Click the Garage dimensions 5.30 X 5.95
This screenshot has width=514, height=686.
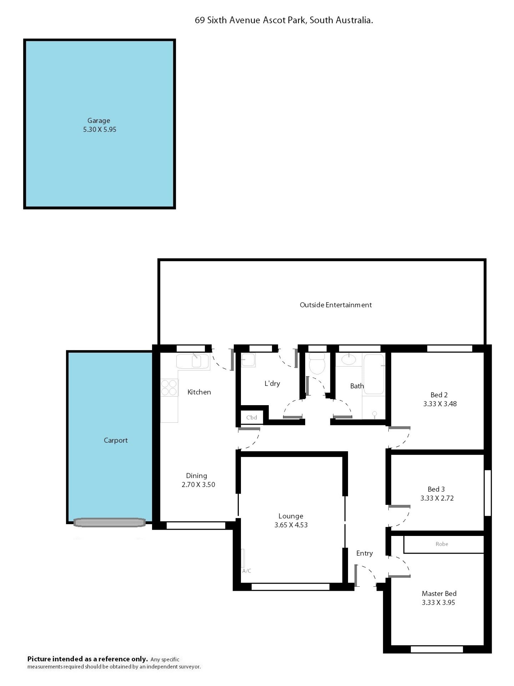100,130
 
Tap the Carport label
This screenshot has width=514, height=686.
116,440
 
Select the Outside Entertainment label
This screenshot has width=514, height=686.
335,305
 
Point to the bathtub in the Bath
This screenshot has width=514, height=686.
374,374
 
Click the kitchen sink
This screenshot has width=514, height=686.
193,361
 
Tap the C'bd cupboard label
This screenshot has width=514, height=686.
252,417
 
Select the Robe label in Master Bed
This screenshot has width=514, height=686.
441,544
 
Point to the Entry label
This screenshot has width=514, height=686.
364,553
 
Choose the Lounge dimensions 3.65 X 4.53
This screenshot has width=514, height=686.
291,525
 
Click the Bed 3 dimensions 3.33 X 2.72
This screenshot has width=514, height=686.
437,498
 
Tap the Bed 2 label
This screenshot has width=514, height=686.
439,395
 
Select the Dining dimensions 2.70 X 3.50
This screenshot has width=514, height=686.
198,485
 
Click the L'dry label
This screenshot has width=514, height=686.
272,384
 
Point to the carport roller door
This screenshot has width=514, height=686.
109,523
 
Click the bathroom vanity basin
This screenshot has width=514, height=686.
349,360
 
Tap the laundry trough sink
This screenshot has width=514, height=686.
248,360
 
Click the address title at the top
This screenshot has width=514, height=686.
284,20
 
